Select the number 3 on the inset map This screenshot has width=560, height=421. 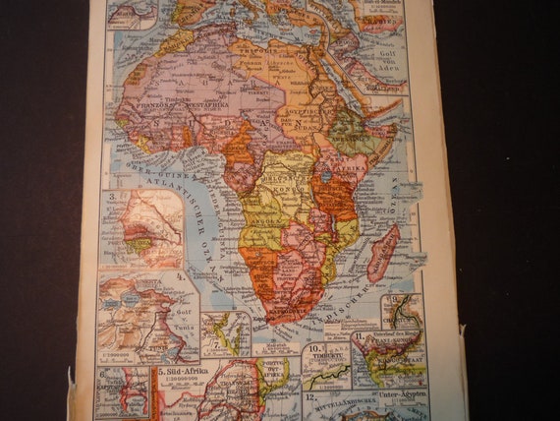pos(114,196)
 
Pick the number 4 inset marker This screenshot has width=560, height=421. pos(180,276)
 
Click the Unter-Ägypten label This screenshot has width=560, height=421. pos(384,395)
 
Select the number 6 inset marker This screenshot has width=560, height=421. pos(103,372)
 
